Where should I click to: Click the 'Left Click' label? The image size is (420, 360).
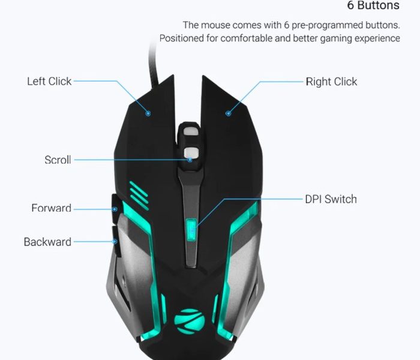tap(49, 82)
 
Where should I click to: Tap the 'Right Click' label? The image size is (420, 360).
tap(331, 82)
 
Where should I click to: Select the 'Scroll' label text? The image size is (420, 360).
tap(58, 160)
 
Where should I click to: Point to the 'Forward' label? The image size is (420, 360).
tap(52, 208)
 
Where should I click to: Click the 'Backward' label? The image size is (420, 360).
tap(47, 242)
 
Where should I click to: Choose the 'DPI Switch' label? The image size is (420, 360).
tap(331, 199)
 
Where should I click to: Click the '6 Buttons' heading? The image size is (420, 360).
tap(373, 5)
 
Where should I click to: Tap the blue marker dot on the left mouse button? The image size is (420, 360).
tap(148, 113)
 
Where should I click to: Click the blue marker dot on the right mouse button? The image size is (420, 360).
tap(228, 113)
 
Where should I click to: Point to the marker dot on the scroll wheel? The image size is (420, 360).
tap(190, 160)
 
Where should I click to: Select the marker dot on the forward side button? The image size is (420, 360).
tap(115, 209)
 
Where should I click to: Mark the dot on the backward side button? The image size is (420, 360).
tap(115, 242)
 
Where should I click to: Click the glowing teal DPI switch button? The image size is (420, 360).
tap(191, 230)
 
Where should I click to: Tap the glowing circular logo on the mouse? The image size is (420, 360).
tap(190, 322)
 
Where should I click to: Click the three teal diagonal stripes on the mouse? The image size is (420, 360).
tap(139, 196)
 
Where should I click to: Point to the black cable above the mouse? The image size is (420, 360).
tap(154, 64)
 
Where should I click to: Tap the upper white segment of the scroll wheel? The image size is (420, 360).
tap(191, 131)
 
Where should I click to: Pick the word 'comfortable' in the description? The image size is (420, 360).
tap(247, 38)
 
